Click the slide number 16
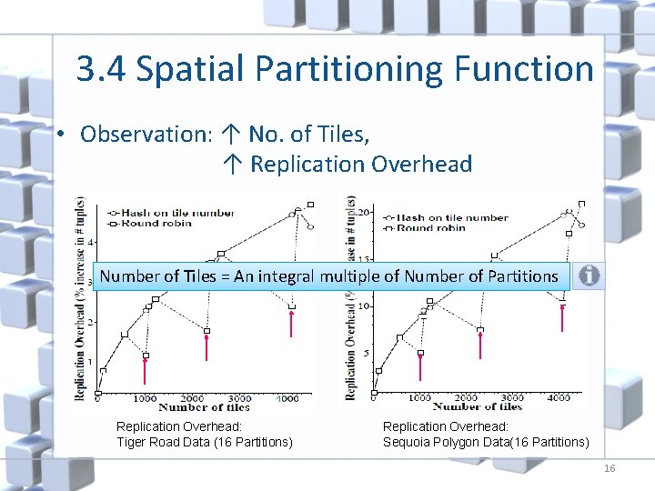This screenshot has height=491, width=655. click(x=610, y=467)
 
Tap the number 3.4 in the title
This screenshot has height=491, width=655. click(x=99, y=68)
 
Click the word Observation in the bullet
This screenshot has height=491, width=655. click(x=145, y=135)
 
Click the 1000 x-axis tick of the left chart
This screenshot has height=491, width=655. click(x=145, y=398)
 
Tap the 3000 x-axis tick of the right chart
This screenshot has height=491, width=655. click(x=512, y=397)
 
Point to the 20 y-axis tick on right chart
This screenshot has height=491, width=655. click(x=365, y=212)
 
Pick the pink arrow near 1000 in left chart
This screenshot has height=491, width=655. click(x=145, y=369)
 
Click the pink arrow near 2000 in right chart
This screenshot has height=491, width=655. click(x=480, y=346)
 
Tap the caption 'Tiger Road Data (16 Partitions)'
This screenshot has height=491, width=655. click(x=205, y=442)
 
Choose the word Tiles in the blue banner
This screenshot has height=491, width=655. click(x=195, y=276)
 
